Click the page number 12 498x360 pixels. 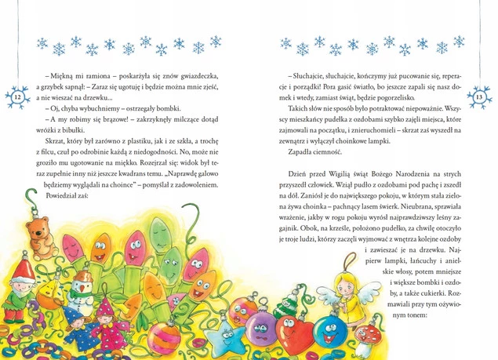point(17,96)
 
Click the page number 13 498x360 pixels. point(481,96)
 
